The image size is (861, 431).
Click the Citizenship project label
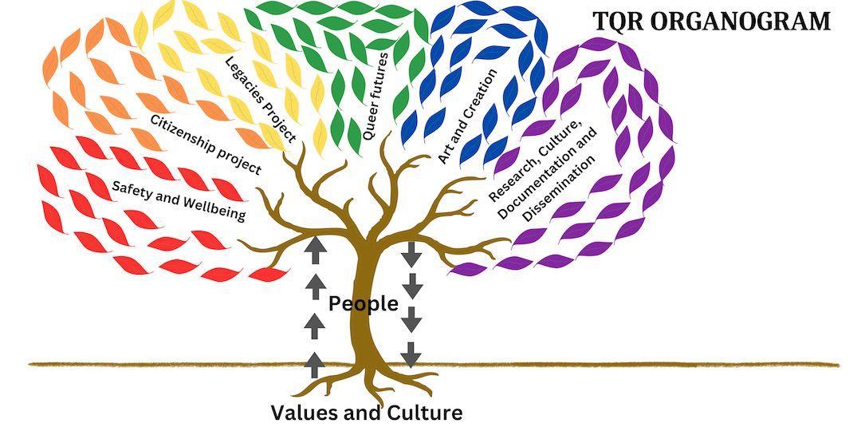pyautogui.click(x=206, y=144)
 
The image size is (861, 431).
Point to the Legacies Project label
pyautogui.click(x=261, y=100)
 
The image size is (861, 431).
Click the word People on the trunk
pyautogui.click(x=364, y=303)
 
